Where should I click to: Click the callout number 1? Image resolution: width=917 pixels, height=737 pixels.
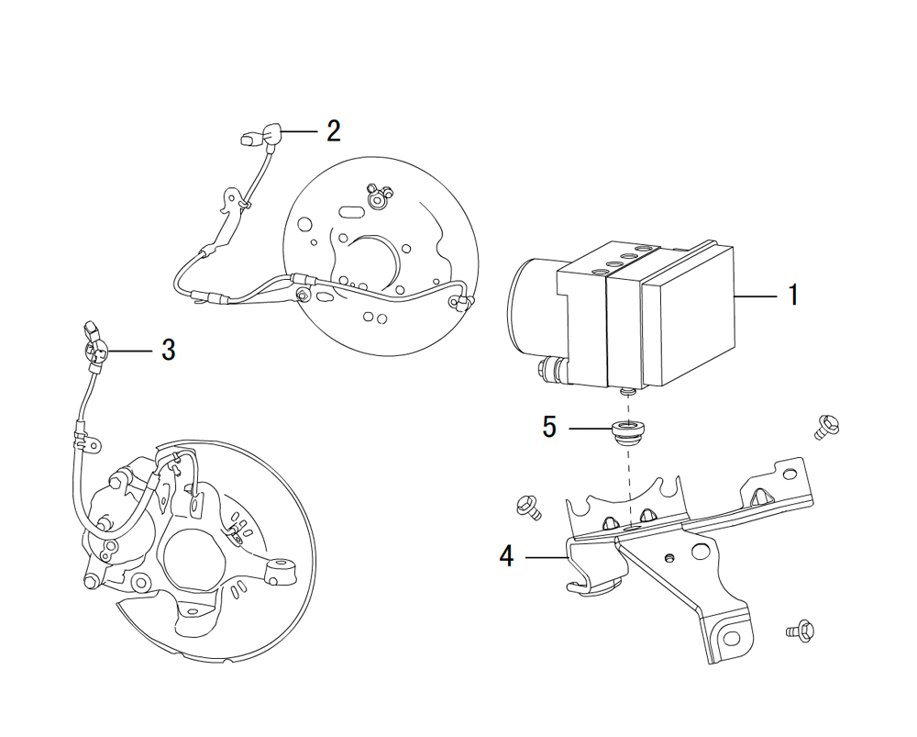point(792,296)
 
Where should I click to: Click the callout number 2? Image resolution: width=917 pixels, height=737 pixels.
point(333,130)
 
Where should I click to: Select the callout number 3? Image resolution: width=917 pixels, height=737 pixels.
point(168,350)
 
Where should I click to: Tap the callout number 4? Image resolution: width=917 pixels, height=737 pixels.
point(507,556)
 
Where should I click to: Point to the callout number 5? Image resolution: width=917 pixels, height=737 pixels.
point(549,428)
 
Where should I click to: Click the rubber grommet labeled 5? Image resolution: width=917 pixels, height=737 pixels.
point(626,430)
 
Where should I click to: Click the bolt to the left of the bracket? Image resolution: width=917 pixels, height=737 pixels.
point(528,505)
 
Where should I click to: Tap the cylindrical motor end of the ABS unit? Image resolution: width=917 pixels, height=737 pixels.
point(527,307)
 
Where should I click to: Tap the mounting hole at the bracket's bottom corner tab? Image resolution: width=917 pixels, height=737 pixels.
point(731,635)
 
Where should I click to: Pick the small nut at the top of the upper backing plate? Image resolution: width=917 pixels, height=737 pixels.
point(376,195)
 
